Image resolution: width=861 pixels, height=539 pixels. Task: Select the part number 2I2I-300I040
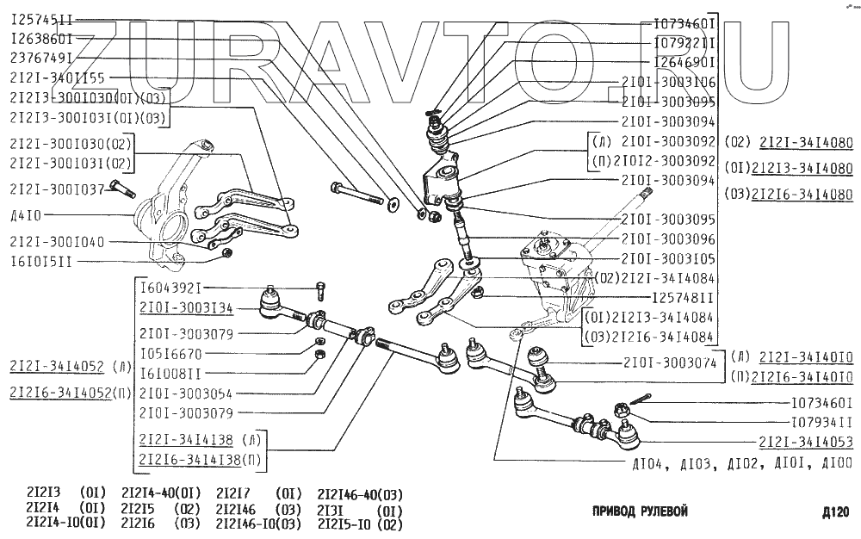(58, 242)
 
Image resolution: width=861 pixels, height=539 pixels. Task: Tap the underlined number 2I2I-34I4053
(806, 443)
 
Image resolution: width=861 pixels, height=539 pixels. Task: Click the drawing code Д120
(834, 512)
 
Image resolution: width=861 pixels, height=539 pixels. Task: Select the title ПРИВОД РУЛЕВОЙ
(640, 511)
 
